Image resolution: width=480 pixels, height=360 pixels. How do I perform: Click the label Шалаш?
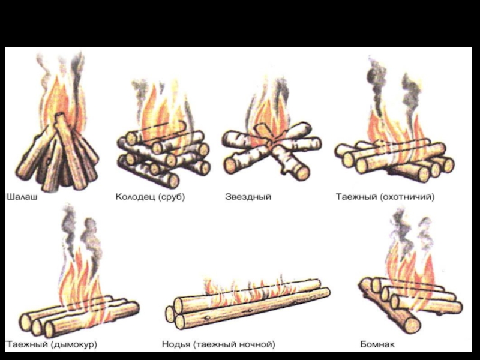coord(22,196)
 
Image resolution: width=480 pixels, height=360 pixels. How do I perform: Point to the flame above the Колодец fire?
coord(159,111)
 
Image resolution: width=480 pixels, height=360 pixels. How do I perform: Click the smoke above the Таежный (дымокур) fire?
coord(78,231)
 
